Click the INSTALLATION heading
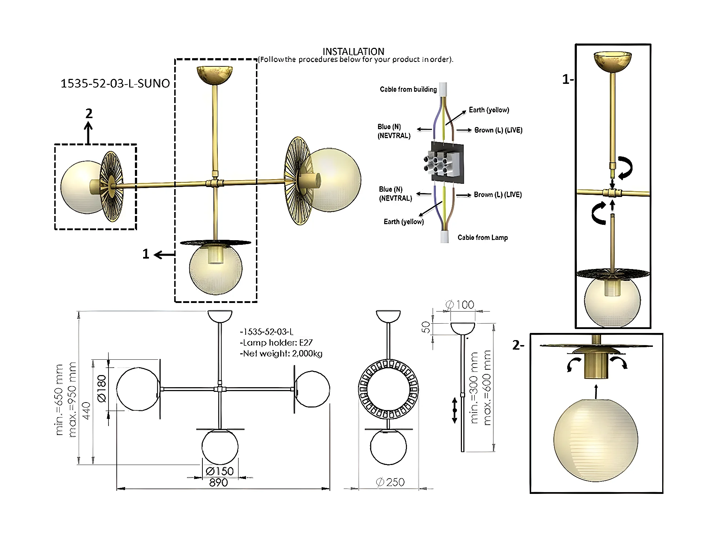click(x=353, y=51)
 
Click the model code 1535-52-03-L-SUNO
click(x=115, y=84)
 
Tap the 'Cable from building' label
click(x=408, y=89)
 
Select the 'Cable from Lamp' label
click(x=483, y=238)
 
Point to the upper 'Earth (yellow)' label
click(x=489, y=110)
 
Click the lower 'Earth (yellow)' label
click(x=404, y=222)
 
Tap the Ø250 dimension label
click(x=390, y=482)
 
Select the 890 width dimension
click(x=218, y=482)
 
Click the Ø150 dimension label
click(x=220, y=471)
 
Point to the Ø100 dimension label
click(x=460, y=305)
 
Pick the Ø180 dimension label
click(x=102, y=389)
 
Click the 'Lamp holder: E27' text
click(x=276, y=343)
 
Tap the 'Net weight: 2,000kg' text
click(x=281, y=354)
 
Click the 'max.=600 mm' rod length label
click(x=487, y=388)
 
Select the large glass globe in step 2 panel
click(x=596, y=440)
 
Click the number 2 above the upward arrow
click(x=89, y=113)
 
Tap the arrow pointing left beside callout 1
click(x=165, y=254)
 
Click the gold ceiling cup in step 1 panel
click(x=613, y=62)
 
